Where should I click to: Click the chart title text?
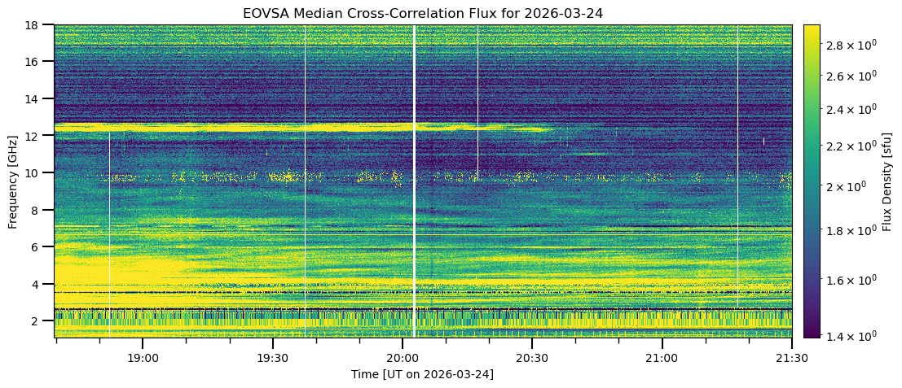pyautogui.click(x=423, y=13)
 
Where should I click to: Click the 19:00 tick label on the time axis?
pyautogui.click(x=142, y=358)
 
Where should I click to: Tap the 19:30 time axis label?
pyautogui.click(x=272, y=358)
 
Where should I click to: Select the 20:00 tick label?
pyautogui.click(x=402, y=358)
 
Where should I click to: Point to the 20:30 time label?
pyautogui.click(x=531, y=358)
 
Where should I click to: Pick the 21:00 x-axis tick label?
pyautogui.click(x=662, y=358)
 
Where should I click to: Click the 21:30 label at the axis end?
pyautogui.click(x=791, y=358)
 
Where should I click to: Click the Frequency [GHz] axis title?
pyautogui.click(x=13, y=181)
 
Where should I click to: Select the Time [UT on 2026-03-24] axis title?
pyautogui.click(x=423, y=374)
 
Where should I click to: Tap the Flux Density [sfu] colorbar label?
pyautogui.click(x=887, y=181)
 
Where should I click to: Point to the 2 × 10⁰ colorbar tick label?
pyautogui.click(x=847, y=186)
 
